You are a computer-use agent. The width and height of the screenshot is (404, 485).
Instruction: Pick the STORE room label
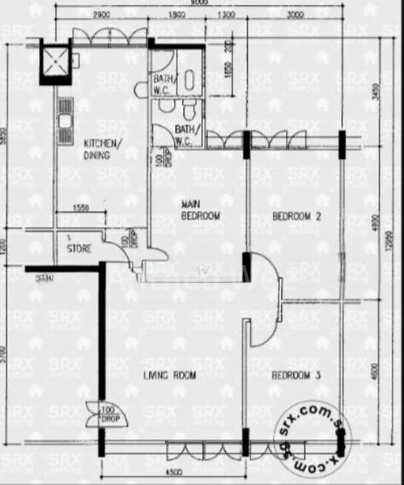[x=79, y=248]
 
